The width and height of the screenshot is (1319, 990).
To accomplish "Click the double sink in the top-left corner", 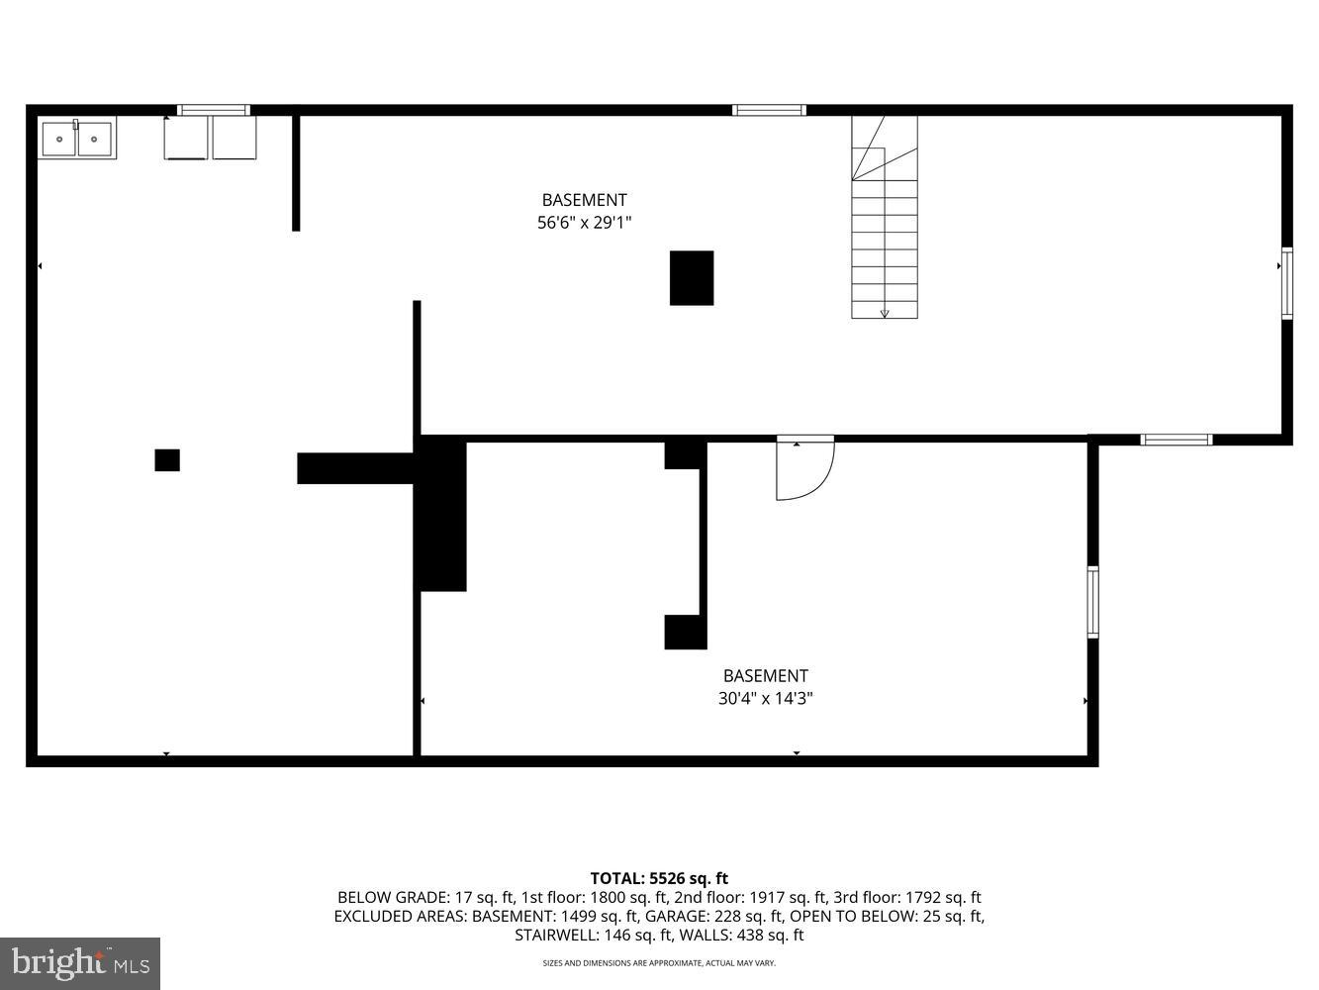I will pos(77,138).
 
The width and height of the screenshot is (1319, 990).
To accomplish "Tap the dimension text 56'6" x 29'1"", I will pos(584,224).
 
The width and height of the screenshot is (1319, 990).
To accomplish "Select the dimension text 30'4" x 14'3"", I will pos(765,699).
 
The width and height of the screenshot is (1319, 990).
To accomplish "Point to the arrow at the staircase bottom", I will pos(885,313).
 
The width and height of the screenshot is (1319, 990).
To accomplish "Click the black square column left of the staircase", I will pos(692,278).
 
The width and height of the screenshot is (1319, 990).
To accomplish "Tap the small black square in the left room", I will pos(167,460).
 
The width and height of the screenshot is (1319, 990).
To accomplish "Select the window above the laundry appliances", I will pos(213,110).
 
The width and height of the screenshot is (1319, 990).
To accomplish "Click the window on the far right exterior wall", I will pos(1286,283).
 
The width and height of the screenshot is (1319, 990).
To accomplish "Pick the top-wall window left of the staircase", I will pos(769,110).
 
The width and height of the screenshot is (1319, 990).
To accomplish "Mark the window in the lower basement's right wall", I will pos(1092,602).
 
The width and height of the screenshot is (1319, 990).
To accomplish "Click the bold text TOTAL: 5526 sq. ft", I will pos(659,878).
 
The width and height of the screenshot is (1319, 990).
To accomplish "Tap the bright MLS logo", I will pos(80,962).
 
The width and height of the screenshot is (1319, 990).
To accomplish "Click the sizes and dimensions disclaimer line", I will pos(659,963).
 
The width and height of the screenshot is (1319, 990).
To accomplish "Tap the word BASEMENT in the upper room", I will pos(584,200).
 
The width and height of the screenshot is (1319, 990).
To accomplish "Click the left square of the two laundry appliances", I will pos(186,138).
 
